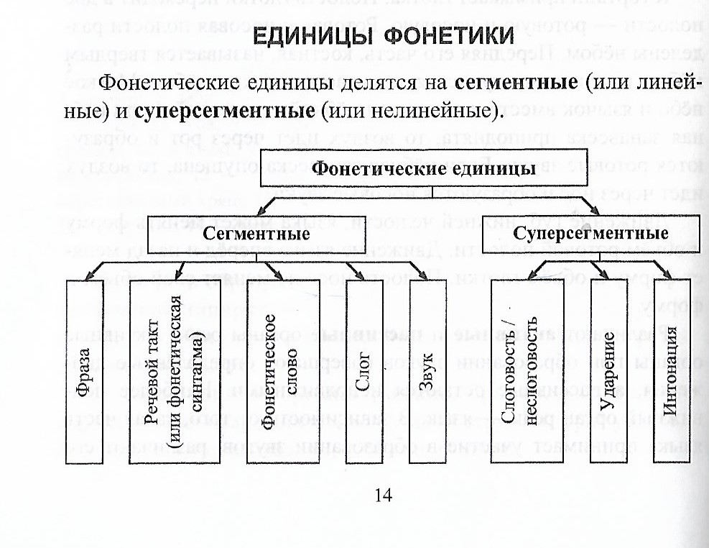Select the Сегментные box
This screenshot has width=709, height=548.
[256, 234]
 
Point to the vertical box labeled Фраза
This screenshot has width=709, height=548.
[85, 370]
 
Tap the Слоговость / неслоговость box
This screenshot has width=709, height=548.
[520, 370]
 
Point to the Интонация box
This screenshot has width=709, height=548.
[671, 370]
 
